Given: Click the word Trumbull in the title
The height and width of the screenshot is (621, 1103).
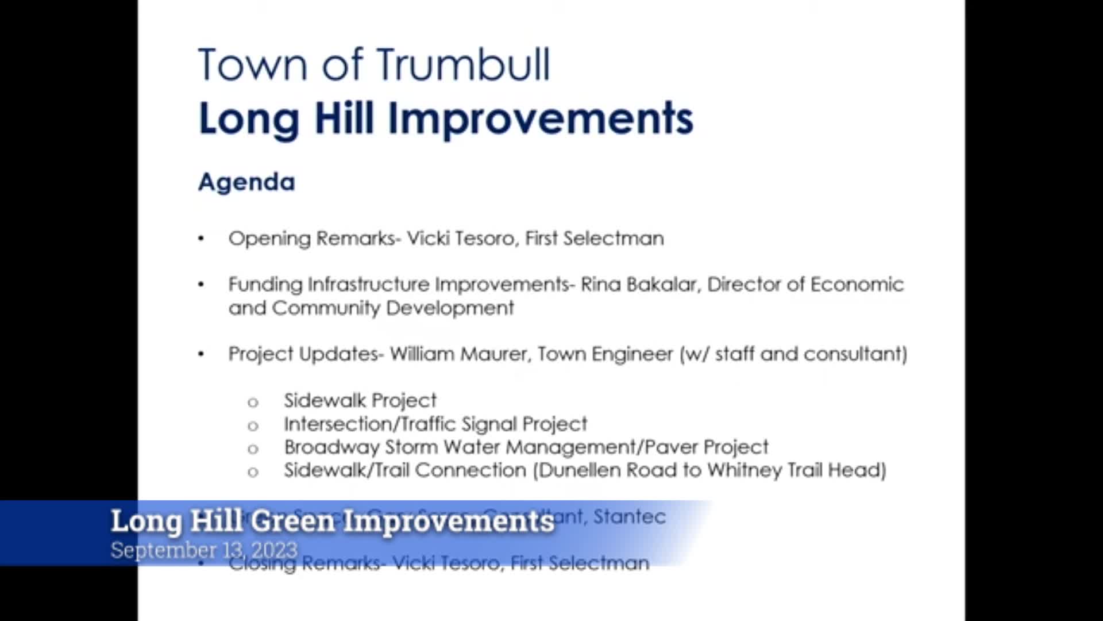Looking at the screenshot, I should (x=464, y=64).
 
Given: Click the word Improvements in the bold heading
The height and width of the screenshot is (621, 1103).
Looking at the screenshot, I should (x=541, y=119).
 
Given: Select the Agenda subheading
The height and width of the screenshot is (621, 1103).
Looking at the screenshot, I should (x=246, y=182).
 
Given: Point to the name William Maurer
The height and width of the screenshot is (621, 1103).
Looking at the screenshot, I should (x=458, y=354).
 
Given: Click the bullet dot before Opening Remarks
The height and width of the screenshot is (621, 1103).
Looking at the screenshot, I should (x=201, y=239).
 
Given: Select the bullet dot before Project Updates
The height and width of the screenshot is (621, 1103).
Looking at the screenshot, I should (x=201, y=354).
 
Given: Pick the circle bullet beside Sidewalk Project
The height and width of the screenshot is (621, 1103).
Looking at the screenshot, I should (x=253, y=402).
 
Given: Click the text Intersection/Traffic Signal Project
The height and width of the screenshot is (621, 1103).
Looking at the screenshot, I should (x=435, y=424).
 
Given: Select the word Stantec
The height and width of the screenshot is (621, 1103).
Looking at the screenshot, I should (x=629, y=517).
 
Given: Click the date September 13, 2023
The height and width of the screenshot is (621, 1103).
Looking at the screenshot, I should (x=204, y=550).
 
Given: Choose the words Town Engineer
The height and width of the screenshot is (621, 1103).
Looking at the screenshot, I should (x=605, y=354).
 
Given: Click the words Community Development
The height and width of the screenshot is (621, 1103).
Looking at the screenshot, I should (x=392, y=308).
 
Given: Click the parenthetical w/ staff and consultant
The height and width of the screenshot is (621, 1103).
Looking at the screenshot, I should (x=793, y=354).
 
